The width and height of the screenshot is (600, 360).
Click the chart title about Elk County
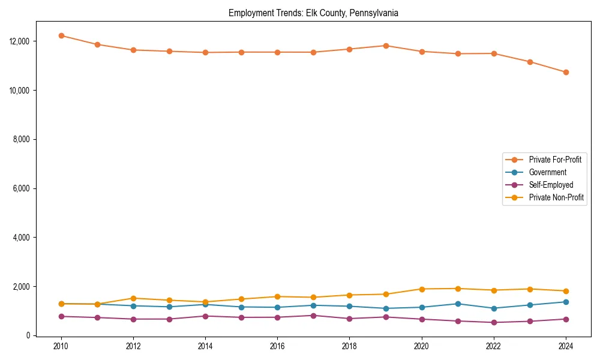click(313, 13)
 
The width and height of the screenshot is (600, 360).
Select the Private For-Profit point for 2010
click(61, 35)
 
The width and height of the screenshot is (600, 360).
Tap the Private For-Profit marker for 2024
click(566, 72)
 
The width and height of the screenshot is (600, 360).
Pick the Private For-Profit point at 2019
click(386, 46)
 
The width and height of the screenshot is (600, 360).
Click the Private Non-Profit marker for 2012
click(133, 298)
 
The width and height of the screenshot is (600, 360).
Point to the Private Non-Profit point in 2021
click(458, 289)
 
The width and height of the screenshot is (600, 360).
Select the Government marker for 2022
click(494, 308)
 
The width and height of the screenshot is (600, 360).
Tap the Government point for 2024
click(566, 302)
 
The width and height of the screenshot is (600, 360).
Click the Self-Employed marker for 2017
click(313, 316)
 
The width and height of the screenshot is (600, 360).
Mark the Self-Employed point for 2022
click(494, 322)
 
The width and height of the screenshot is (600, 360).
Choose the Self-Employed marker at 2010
click(61, 316)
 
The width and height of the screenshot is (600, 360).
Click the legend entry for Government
click(547, 172)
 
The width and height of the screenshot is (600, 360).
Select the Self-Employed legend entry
click(551, 185)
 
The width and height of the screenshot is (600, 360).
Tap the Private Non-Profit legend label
click(556, 197)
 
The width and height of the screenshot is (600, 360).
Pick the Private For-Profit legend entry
click(556, 160)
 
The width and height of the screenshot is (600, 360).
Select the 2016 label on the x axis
click(277, 346)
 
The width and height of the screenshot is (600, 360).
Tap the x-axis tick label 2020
click(422, 346)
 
